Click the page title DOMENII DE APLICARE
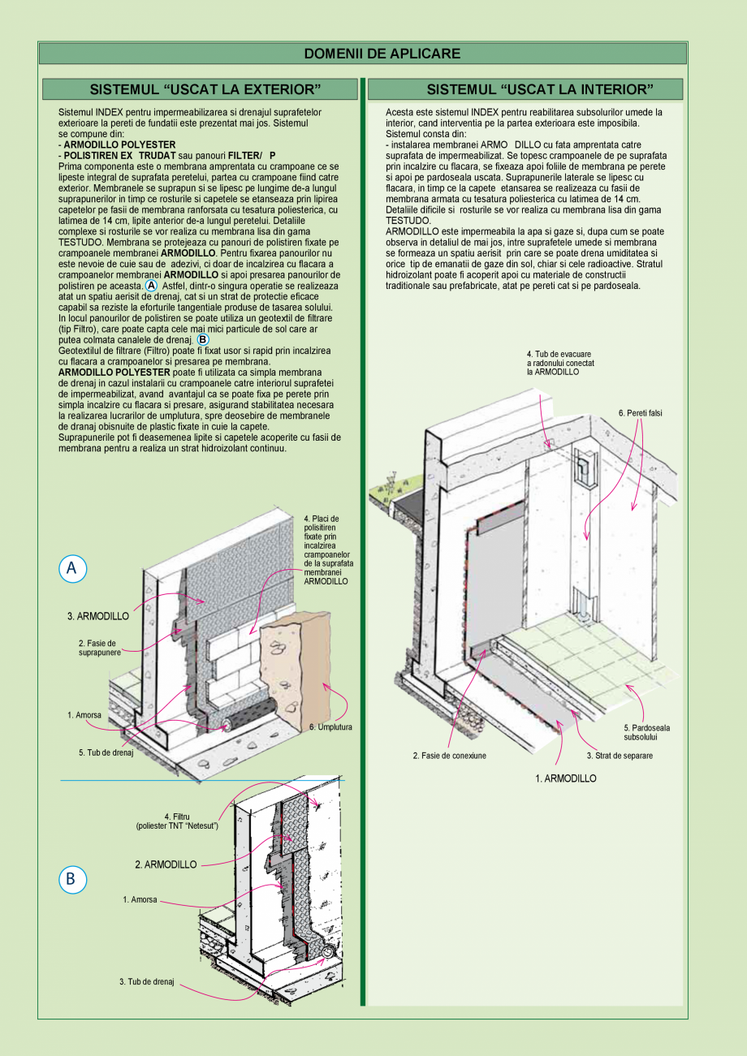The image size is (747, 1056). [382, 54]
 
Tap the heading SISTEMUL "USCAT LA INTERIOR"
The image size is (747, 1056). [540, 88]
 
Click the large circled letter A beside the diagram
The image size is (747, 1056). [72, 569]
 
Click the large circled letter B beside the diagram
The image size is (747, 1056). [71, 878]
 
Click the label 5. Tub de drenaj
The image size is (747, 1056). [106, 752]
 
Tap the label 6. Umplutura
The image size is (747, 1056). [330, 727]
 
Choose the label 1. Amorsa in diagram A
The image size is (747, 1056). [84, 715]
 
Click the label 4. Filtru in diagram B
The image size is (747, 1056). [176, 821]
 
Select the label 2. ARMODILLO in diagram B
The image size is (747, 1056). [166, 865]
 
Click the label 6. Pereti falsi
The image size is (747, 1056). [640, 413]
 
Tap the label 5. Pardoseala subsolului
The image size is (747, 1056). [646, 732]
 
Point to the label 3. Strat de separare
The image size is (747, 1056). [620, 756]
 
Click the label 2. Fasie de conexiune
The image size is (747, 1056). [449, 756]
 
